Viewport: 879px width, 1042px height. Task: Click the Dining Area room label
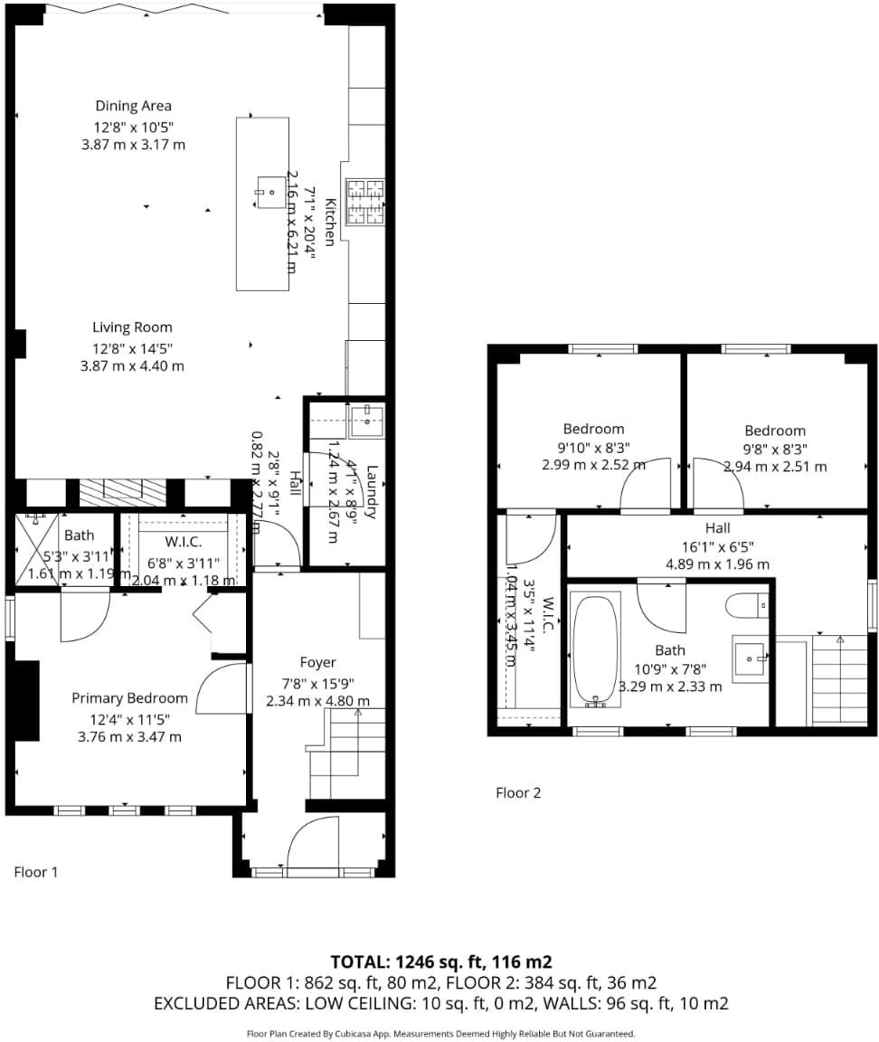[133, 106]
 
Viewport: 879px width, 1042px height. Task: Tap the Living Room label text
[132, 327]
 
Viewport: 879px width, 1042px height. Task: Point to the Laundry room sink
[368, 416]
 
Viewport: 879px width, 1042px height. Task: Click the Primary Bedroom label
[129, 697]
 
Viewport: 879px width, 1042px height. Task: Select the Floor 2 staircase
[839, 678]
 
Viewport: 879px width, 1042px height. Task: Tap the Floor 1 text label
[36, 872]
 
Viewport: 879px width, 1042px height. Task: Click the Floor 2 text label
[518, 792]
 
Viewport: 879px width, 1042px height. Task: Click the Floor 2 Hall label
[717, 527]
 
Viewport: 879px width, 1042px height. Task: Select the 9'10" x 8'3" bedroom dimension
[593, 447]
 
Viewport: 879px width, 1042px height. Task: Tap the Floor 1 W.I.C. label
[183, 542]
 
